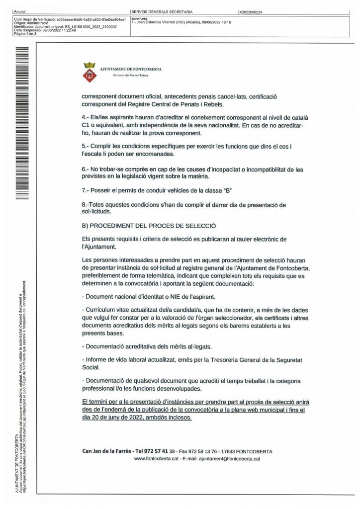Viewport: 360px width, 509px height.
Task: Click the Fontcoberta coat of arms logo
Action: click(90, 72)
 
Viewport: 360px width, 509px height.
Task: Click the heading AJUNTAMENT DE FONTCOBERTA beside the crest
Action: click(131, 69)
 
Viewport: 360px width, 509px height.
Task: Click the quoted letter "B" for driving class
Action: click(230, 191)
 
